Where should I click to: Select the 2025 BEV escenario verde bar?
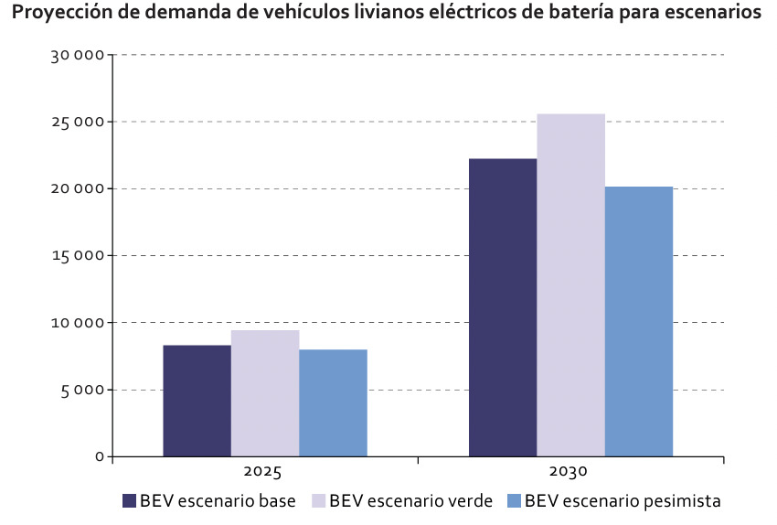click(x=265, y=393)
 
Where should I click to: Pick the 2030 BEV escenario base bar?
click(x=503, y=307)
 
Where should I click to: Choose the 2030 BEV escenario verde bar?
click(x=570, y=284)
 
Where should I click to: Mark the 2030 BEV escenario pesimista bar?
click(x=639, y=321)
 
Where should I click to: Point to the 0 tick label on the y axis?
click(x=100, y=456)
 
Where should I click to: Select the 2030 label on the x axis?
click(x=569, y=474)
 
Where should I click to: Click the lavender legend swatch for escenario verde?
click(x=318, y=501)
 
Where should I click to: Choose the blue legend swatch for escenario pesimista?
click(x=514, y=501)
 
